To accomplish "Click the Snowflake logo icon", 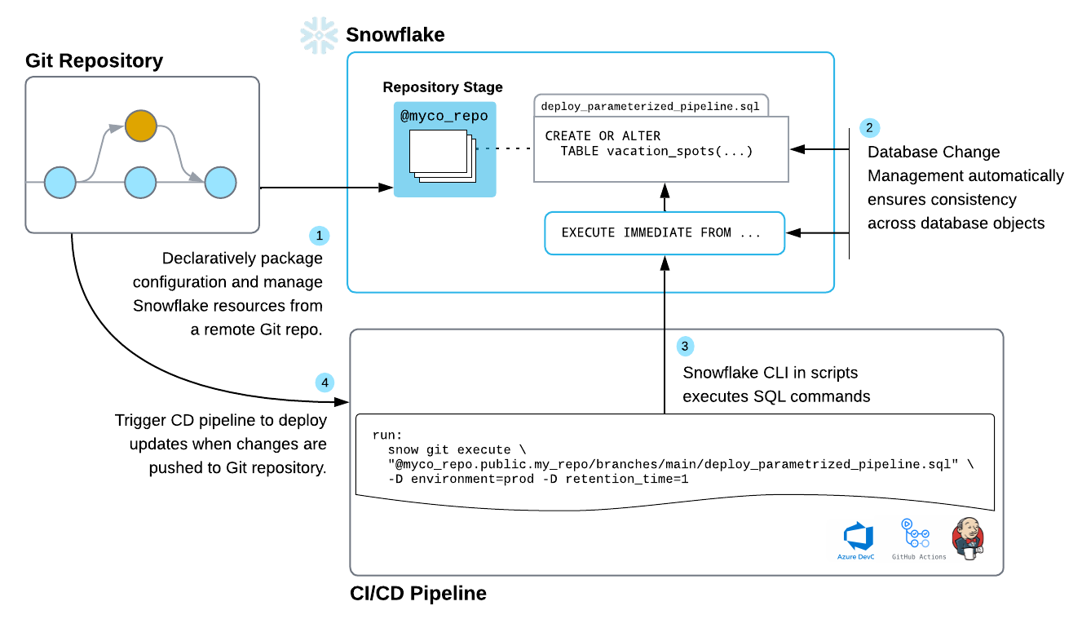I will (x=319, y=35).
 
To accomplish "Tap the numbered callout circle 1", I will (x=319, y=236).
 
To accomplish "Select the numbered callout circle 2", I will (x=869, y=128).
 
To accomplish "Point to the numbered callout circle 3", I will (x=684, y=347).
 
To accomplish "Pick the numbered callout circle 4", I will (x=324, y=383).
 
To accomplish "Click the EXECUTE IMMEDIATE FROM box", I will (x=664, y=232).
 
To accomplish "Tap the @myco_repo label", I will (x=444, y=116).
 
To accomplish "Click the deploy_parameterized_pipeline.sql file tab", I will (x=651, y=106).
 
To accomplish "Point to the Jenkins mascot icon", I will (x=968, y=539).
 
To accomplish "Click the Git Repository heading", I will (x=95, y=60).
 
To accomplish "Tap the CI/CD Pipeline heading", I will (x=417, y=593).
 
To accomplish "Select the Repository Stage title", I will (x=443, y=87).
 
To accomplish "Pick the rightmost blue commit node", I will (x=220, y=181).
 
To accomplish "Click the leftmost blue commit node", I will (x=60, y=181).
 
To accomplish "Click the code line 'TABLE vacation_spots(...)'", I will (x=656, y=151).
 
